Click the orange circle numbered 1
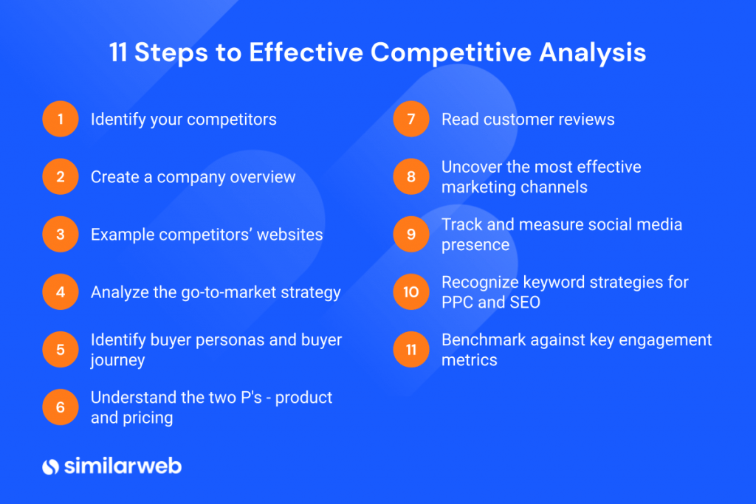coord(61,120)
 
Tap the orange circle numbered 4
coord(61,292)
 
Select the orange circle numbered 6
coord(61,407)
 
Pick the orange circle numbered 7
coord(411,120)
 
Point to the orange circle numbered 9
coord(411,235)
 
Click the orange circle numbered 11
coord(411,350)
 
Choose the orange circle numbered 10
coord(411,292)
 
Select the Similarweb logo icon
coord(50,466)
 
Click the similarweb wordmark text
coord(122,466)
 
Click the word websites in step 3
coord(289,235)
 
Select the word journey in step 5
coord(117,360)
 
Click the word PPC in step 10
coord(458,303)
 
